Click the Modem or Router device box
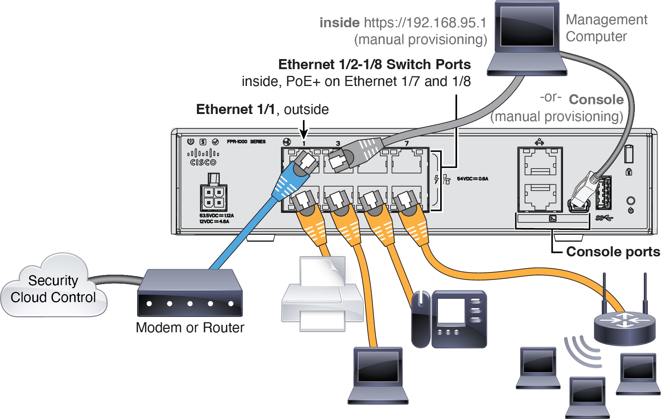(x=190, y=294)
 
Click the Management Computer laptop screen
(x=527, y=26)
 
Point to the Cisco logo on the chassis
(x=203, y=157)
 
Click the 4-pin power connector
(x=213, y=197)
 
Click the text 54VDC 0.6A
(x=472, y=179)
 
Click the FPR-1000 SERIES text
(x=246, y=142)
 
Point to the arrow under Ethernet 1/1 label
(x=304, y=131)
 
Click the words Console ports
(x=613, y=252)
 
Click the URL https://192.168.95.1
(x=425, y=23)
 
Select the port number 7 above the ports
(x=407, y=144)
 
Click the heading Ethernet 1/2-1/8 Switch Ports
(x=374, y=65)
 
